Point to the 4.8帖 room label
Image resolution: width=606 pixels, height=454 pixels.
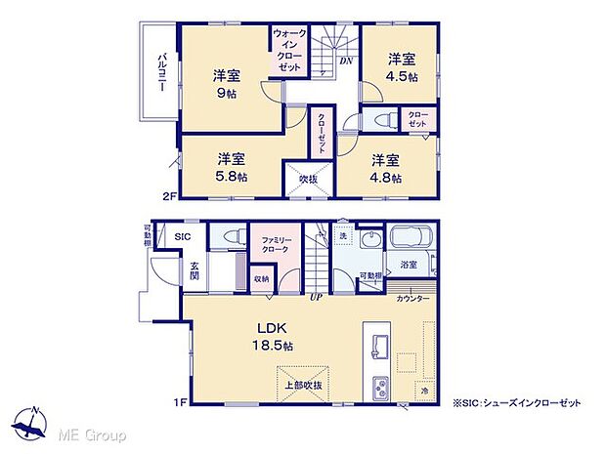384,168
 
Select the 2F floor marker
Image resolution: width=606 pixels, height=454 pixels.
169,196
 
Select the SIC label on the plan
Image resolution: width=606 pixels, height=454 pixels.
183,236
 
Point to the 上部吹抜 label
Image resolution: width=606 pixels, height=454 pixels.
302,385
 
